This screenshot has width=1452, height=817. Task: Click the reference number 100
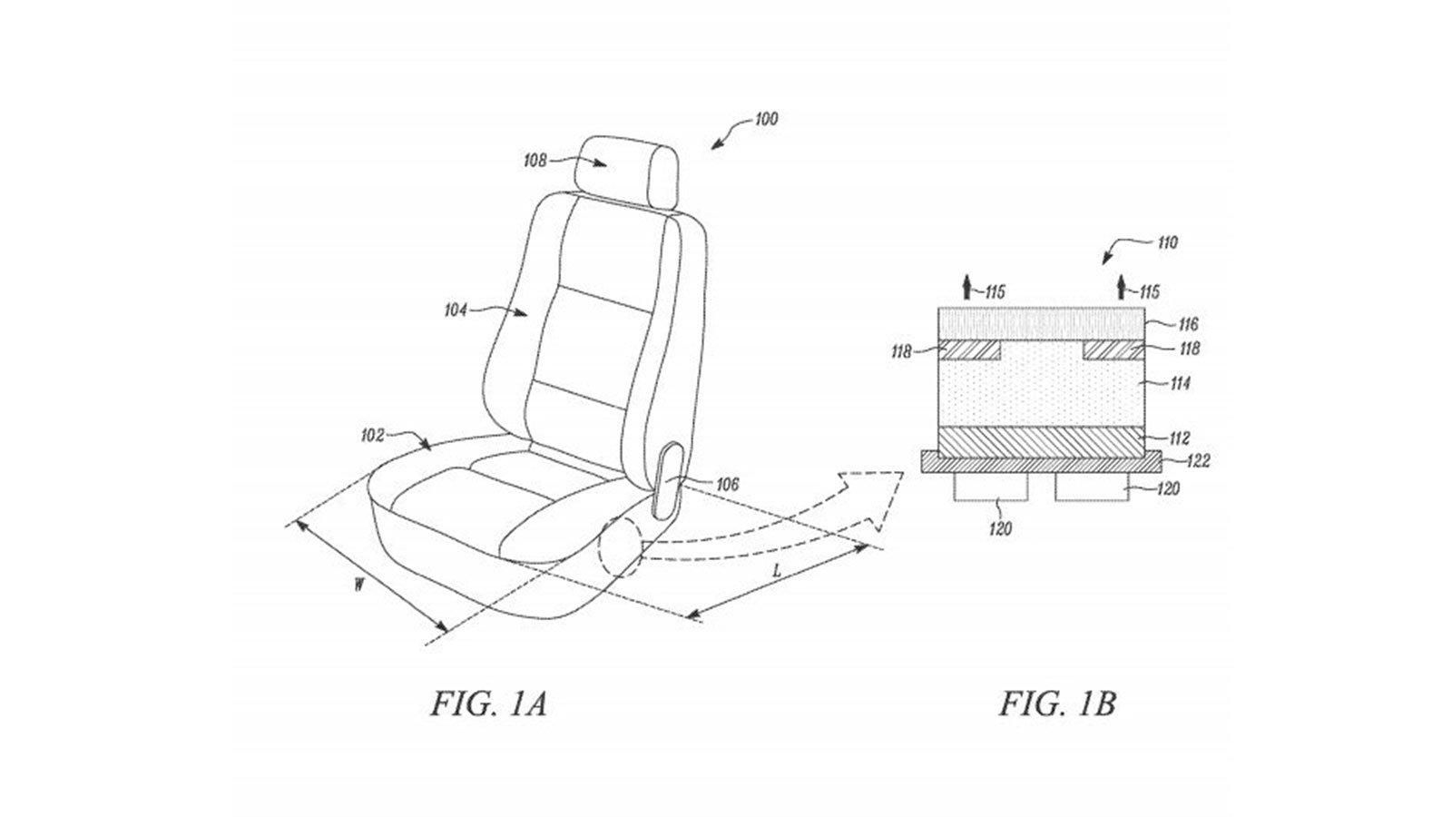tap(766, 119)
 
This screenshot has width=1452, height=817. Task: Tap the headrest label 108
tap(535, 160)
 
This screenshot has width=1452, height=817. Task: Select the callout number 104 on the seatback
tap(455, 310)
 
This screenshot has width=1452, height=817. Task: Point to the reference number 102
tap(373, 436)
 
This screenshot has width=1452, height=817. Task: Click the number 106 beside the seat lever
tap(727, 485)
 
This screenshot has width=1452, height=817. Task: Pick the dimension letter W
tap(358, 586)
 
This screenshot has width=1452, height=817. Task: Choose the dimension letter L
tap(777, 572)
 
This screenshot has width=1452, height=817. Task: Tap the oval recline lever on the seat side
tap(669, 480)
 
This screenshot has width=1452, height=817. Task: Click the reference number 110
tap(1167, 243)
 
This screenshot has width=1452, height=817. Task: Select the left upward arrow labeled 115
tap(967, 287)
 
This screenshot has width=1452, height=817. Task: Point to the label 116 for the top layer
tap(1187, 323)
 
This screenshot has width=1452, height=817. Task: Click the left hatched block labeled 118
tap(970, 350)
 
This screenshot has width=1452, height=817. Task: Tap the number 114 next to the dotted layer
tap(1179, 384)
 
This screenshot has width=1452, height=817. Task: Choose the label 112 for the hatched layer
tap(1179, 439)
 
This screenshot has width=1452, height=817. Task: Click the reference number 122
tap(1198, 462)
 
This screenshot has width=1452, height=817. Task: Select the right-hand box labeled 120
tap(1093, 487)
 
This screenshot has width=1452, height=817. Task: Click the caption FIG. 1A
tap(489, 704)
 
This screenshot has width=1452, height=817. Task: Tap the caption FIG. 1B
tap(1057, 704)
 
